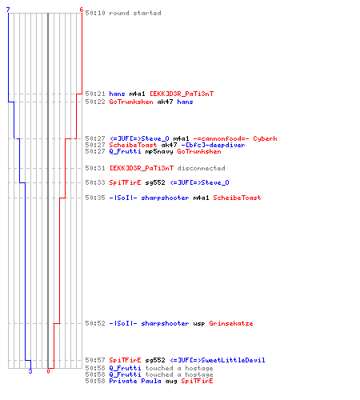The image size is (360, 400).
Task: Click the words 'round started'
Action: [135, 13]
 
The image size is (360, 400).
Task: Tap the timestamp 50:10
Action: [95, 13]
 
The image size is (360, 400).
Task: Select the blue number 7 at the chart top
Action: [8, 10]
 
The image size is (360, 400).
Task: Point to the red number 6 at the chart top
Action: [82, 10]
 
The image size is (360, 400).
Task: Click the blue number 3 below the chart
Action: [30, 371]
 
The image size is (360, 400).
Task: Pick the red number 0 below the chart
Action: [48, 371]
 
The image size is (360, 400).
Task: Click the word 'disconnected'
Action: [201, 168]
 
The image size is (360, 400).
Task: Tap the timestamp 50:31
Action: [95, 168]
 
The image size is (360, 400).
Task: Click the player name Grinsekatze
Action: [231, 323]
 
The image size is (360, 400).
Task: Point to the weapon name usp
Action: [199, 324]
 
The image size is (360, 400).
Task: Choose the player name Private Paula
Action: [135, 381]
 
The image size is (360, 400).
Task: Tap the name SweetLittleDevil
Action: [233, 360]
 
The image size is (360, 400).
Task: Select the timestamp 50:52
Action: [95, 323]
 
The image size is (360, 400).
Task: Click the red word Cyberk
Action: [265, 138]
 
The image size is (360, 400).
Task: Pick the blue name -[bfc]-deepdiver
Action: [213, 145]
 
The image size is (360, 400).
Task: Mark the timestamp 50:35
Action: [95, 198]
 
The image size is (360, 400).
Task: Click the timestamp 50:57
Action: [95, 360]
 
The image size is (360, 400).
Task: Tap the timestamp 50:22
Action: [95, 102]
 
